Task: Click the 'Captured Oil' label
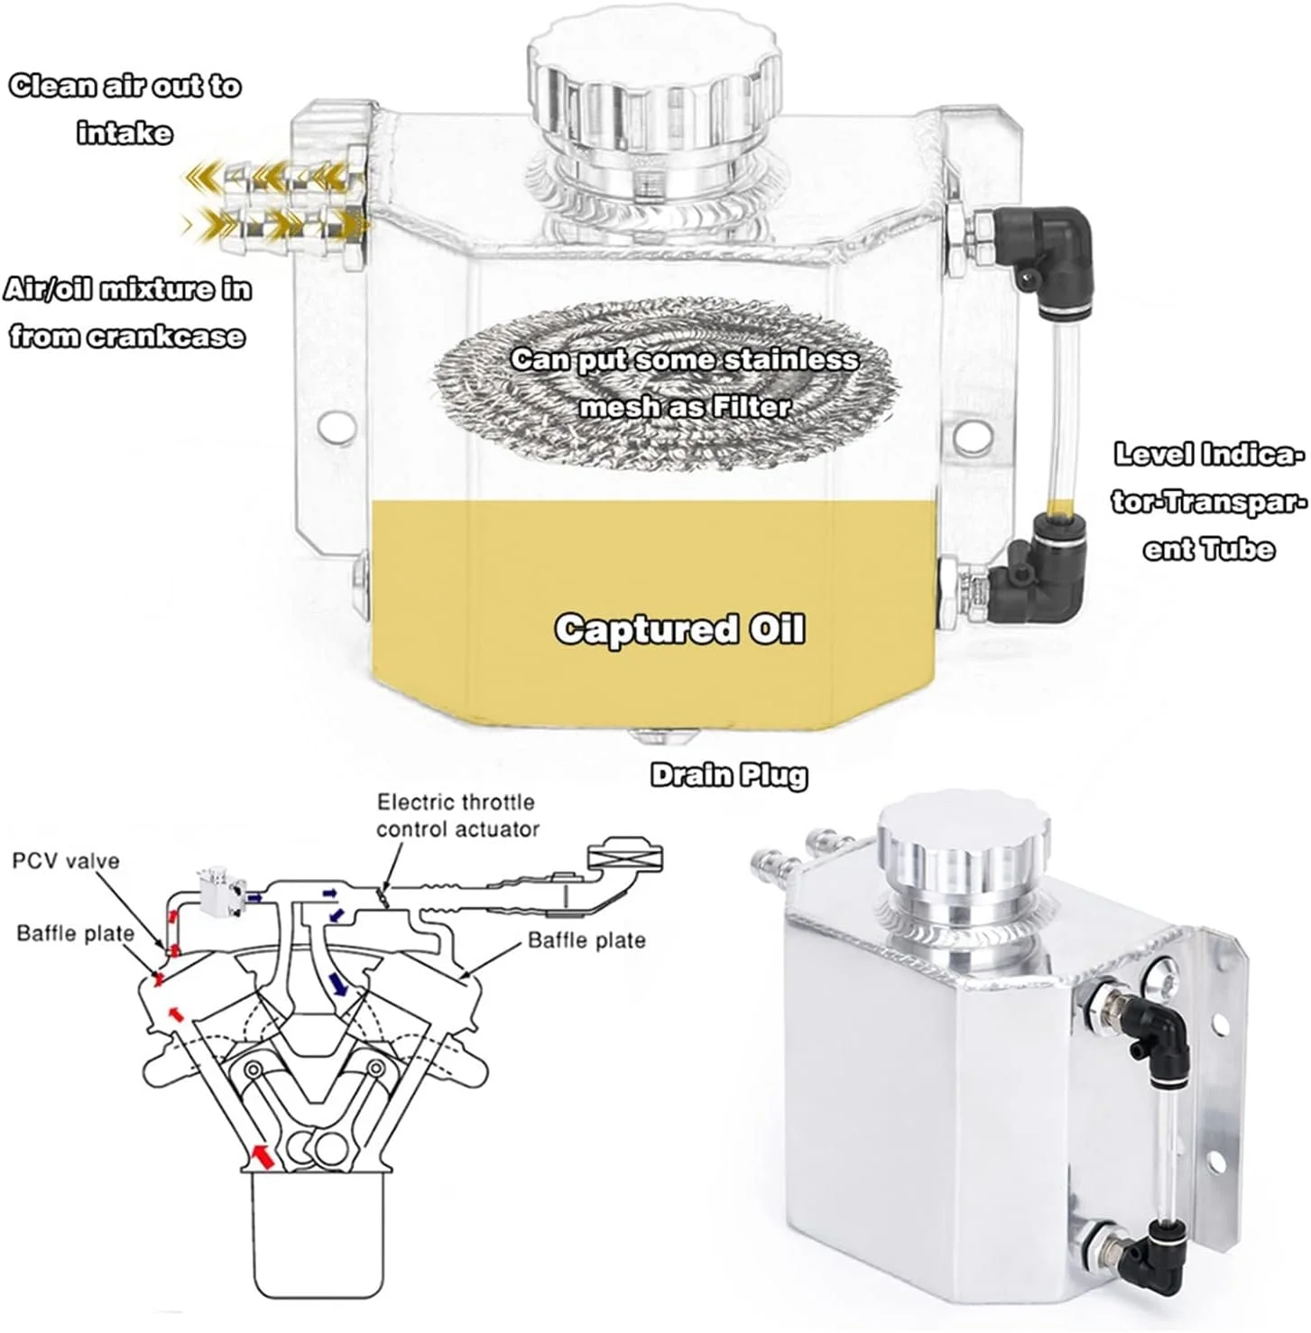679,629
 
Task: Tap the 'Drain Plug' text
729,775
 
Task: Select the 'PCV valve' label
66,861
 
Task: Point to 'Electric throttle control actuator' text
457,815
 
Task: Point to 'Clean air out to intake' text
125,109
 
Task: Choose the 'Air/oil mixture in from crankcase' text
127,312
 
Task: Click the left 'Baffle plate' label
76,933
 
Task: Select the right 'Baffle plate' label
586,940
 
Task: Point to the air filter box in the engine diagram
625,856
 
